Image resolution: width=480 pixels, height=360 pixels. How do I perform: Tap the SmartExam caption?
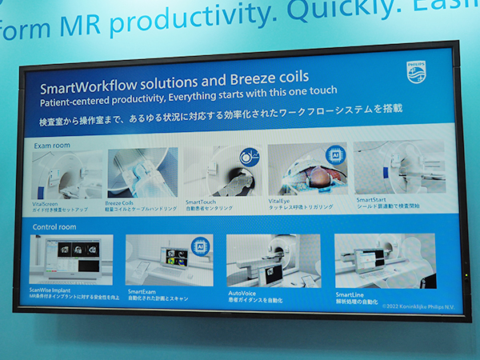tap(144, 294)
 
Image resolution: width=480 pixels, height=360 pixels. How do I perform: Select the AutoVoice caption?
tap(244, 294)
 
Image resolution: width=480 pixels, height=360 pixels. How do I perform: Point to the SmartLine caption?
tap(350, 294)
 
